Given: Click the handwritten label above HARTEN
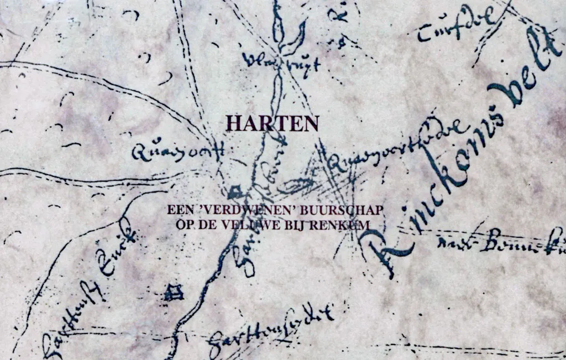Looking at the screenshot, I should [x=282, y=64].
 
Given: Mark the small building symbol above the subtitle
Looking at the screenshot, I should [x=234, y=192].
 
